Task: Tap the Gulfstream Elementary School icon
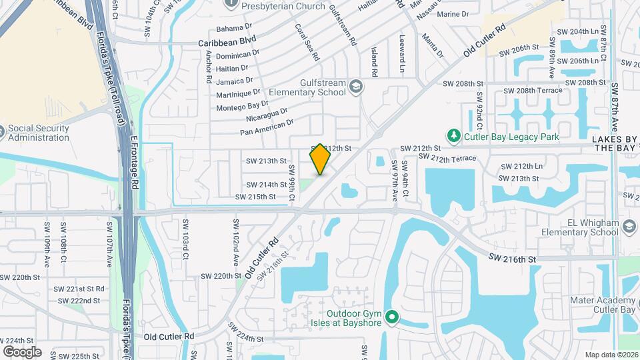pos(357,86)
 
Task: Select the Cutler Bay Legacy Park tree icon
pos(454,136)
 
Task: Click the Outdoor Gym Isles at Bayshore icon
pos(392,316)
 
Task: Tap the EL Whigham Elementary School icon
pos(628,227)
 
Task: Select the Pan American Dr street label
pos(267,127)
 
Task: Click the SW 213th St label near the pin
pos(266,161)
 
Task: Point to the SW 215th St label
pos(255,197)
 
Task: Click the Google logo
pos(22,352)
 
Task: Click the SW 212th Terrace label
pos(447,158)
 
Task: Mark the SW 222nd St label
pos(79,301)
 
